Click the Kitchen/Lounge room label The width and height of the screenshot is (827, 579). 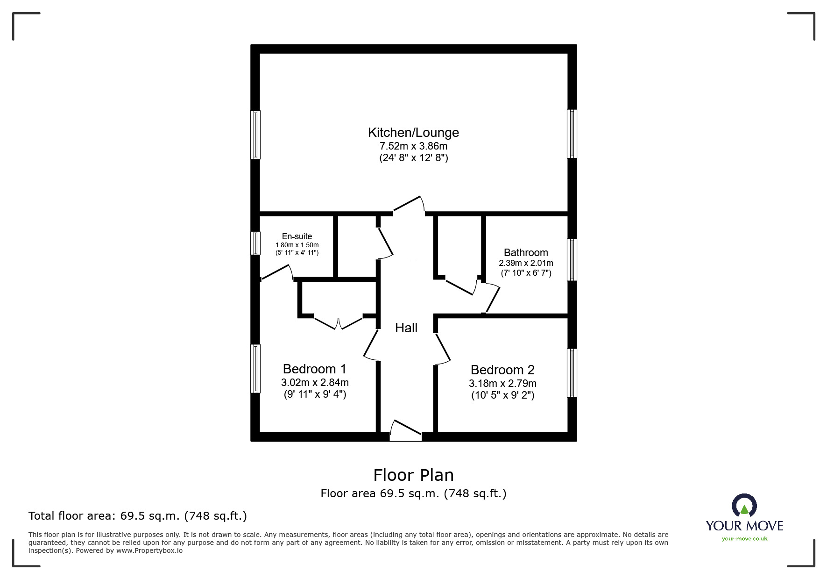click(413, 133)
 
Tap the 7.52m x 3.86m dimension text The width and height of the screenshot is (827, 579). click(413, 146)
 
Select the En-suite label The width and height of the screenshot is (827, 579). click(297, 236)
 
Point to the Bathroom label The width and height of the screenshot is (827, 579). click(526, 253)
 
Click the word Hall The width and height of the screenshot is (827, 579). click(406, 328)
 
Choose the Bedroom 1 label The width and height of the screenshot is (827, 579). click(315, 369)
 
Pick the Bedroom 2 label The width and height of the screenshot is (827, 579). click(502, 370)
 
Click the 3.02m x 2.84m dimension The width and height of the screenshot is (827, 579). click(315, 382)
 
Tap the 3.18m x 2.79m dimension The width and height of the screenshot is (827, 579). click(502, 384)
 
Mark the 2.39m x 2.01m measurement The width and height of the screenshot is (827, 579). click(526, 263)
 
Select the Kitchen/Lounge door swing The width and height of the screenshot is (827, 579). click(409, 205)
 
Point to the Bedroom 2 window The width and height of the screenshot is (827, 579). click(572, 373)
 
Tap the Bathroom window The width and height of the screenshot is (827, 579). click(572, 260)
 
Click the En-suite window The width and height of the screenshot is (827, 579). click(255, 243)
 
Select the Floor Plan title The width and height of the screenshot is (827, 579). click(413, 475)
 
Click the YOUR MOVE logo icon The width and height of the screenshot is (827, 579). click(744, 505)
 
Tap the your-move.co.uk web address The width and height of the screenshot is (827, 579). click(744, 539)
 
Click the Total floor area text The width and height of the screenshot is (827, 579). click(138, 516)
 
